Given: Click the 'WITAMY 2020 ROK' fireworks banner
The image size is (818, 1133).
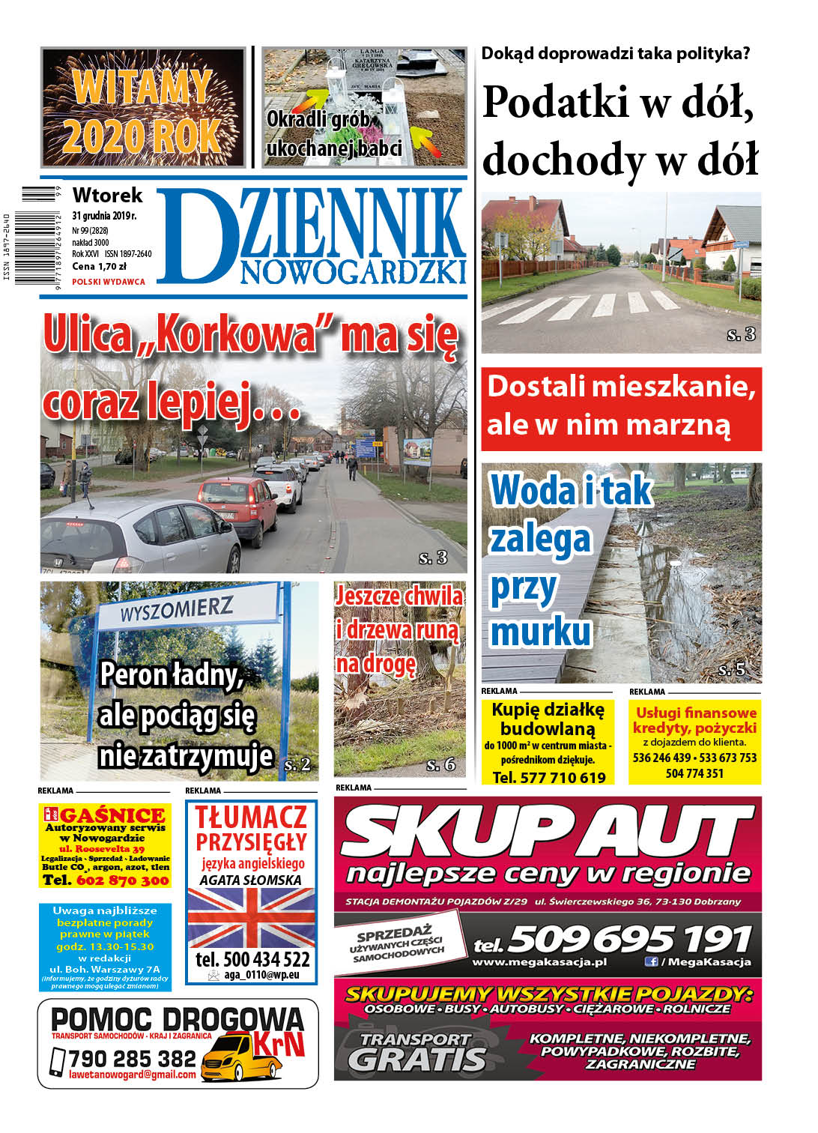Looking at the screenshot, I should click(x=142, y=107).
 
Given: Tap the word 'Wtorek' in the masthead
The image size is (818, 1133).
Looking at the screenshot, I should click(x=107, y=196).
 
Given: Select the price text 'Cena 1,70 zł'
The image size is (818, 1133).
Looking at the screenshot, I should click(x=99, y=266).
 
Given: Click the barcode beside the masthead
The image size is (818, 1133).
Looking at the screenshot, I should click(x=37, y=235).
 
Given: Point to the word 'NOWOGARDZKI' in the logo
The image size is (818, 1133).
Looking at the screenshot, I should click(x=353, y=273).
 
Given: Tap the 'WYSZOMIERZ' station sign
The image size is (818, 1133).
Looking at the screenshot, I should click(x=177, y=608).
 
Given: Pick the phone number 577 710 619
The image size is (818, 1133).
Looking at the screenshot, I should click(x=549, y=778).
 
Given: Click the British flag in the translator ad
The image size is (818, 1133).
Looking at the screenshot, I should click(x=251, y=918).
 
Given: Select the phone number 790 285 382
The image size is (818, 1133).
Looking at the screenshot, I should click(x=132, y=1059).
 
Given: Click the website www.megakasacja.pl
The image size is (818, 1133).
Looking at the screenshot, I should click(x=539, y=962).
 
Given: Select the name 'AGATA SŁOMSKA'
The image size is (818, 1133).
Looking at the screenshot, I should click(x=251, y=880).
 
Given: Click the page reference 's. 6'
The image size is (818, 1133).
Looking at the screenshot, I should click(x=440, y=765).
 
